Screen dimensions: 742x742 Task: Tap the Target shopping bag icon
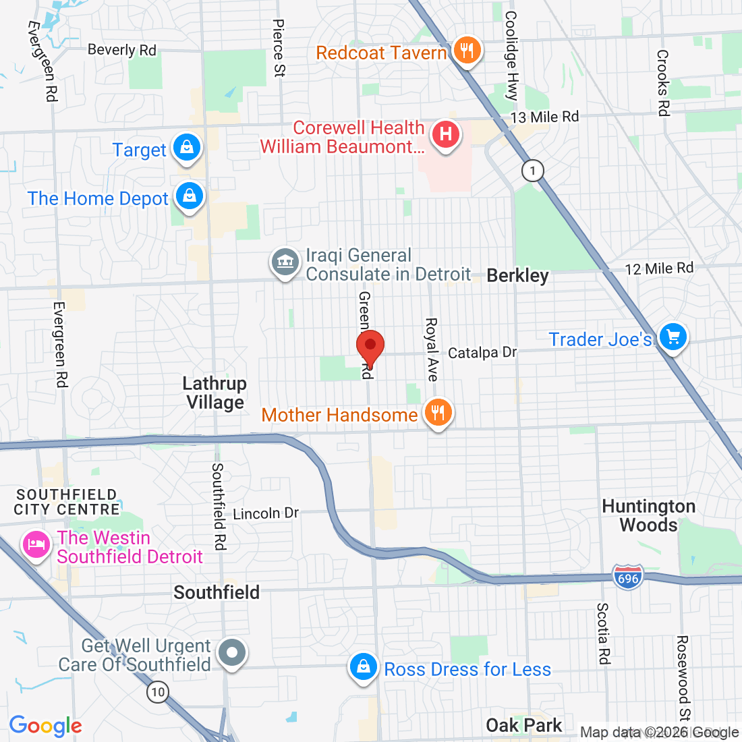tap(187, 148)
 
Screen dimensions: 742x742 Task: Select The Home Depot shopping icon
tap(190, 197)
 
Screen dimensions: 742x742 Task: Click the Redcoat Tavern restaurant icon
tap(466, 50)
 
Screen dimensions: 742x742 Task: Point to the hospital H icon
tap(445, 134)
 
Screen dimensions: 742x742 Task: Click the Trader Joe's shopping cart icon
tap(672, 337)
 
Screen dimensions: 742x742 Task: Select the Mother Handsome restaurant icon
tap(438, 412)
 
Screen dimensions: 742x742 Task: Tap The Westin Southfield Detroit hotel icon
tap(36, 544)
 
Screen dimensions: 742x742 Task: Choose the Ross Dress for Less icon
tap(364, 667)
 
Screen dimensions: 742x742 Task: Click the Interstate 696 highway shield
tap(627, 578)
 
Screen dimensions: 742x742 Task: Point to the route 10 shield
tap(158, 691)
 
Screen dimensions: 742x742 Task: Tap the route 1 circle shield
tap(533, 170)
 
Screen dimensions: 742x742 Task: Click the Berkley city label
tap(517, 275)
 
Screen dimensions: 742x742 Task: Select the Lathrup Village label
tap(215, 393)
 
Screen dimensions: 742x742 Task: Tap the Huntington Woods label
tap(648, 515)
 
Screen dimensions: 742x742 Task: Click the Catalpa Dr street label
tap(482, 352)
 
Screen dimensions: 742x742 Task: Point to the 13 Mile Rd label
tap(544, 117)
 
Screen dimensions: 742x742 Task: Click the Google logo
tap(45, 726)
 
